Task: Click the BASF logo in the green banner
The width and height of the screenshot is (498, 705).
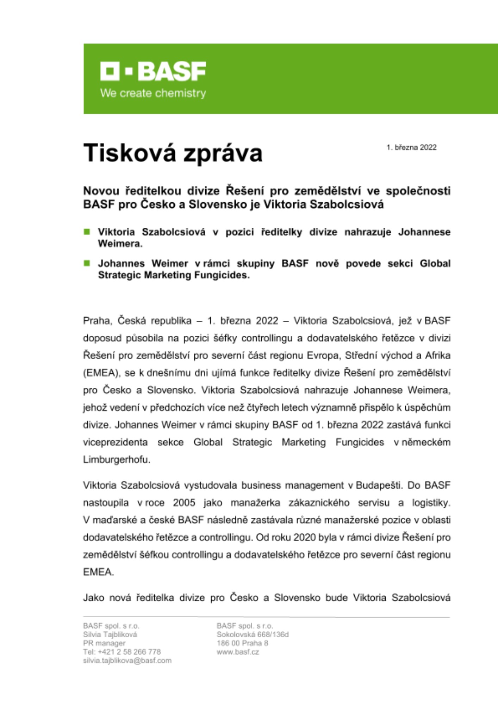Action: (x=153, y=71)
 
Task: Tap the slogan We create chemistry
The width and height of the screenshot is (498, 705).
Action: (x=153, y=93)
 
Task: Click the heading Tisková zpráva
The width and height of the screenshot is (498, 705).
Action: (x=173, y=153)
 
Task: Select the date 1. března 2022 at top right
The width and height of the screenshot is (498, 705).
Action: (x=411, y=148)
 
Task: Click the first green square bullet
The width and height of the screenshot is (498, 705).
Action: (x=87, y=232)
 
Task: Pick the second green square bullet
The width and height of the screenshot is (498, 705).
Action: (x=87, y=263)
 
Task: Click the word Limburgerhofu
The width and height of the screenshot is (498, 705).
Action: (x=117, y=460)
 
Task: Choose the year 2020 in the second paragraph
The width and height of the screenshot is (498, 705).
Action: (x=305, y=537)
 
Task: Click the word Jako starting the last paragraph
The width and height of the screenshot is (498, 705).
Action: (x=93, y=598)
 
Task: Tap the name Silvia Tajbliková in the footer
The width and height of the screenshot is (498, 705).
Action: (x=110, y=634)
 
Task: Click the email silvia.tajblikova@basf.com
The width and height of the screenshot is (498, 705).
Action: (x=127, y=661)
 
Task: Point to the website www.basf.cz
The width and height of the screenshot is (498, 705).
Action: (x=238, y=652)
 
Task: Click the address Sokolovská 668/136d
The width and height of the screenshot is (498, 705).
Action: (x=253, y=634)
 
